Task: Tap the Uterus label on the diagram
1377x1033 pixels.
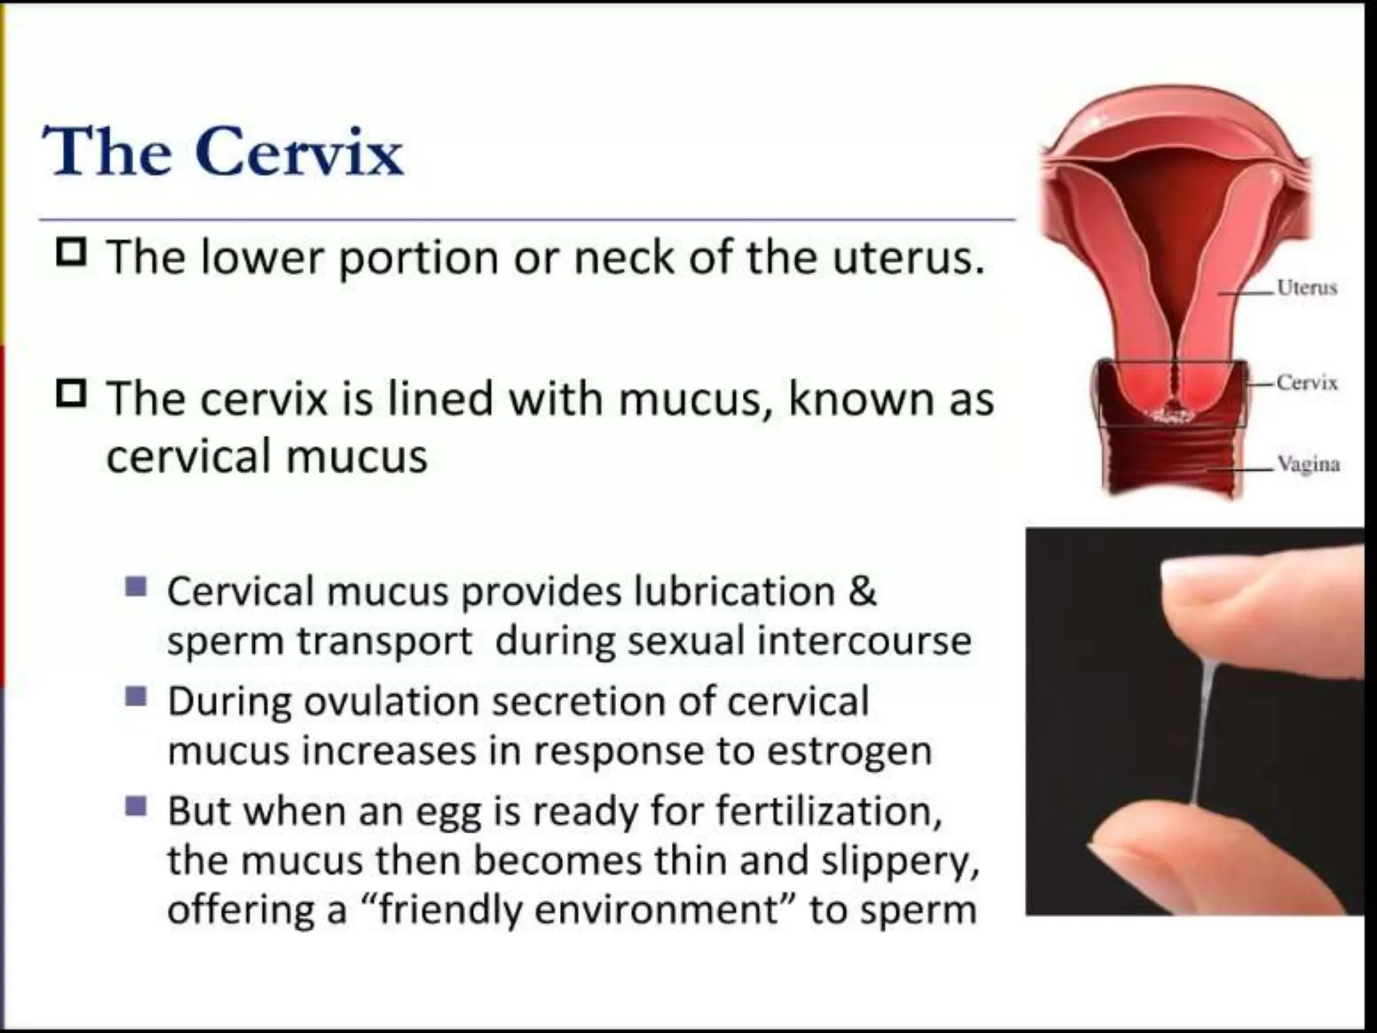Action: (x=1306, y=288)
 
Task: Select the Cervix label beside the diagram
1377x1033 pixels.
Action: (x=1306, y=383)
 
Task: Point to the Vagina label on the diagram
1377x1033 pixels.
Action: (x=1308, y=464)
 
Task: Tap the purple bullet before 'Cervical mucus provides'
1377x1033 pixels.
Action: (x=136, y=586)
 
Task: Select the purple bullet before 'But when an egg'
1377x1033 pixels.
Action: (x=136, y=805)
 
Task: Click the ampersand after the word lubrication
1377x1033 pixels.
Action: (x=863, y=592)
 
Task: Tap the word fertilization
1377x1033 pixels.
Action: (x=828, y=812)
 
